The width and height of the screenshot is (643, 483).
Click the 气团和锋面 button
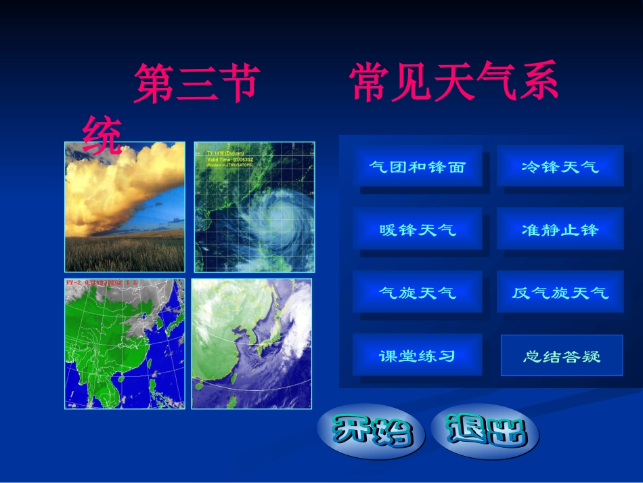(x=417, y=167)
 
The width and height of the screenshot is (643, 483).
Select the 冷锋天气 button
(x=560, y=167)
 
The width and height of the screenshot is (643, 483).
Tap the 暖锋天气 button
(x=417, y=230)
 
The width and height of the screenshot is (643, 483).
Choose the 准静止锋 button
(x=560, y=230)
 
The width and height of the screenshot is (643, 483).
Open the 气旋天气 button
(x=417, y=293)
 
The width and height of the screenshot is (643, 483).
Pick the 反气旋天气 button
(x=560, y=293)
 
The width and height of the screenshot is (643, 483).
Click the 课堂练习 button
(x=417, y=355)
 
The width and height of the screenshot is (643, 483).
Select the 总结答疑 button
(x=561, y=355)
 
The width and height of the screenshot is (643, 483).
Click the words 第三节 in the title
(x=196, y=85)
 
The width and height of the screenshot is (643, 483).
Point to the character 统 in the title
(x=102, y=133)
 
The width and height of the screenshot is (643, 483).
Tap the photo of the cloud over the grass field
(x=125, y=207)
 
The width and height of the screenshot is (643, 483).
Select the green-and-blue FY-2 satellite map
(x=125, y=344)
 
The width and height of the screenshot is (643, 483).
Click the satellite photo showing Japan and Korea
(x=252, y=344)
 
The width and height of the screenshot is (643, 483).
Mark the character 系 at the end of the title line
(x=537, y=85)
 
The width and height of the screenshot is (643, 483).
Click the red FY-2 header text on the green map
(x=102, y=282)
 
